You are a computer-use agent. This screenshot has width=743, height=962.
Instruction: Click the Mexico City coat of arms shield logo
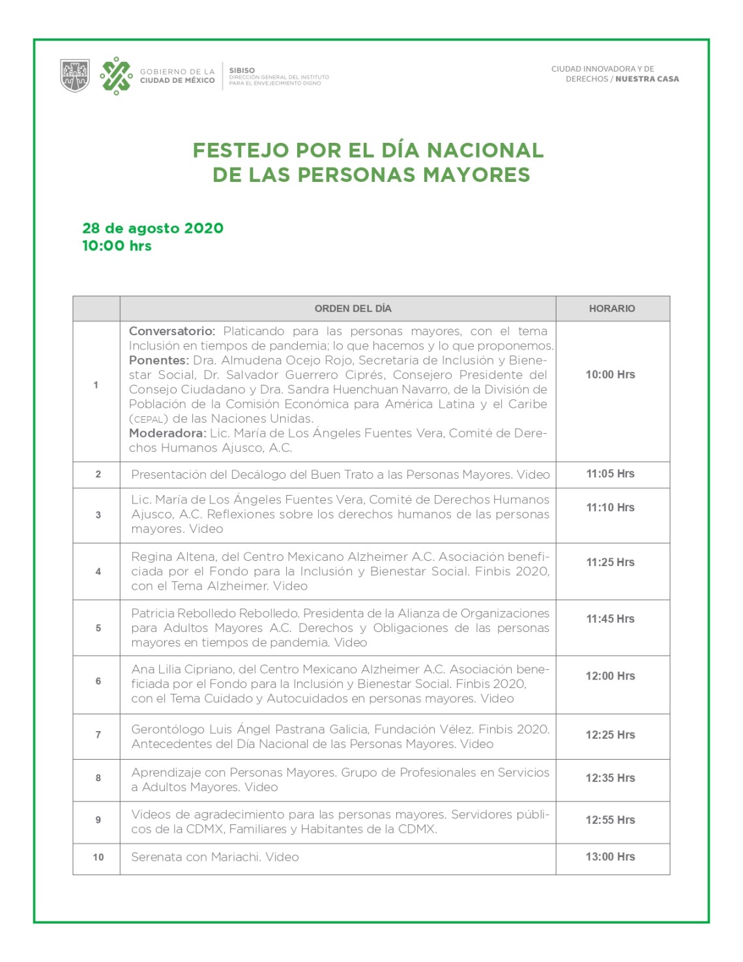coord(75,75)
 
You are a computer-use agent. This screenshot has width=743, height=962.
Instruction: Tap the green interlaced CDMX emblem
coord(116,76)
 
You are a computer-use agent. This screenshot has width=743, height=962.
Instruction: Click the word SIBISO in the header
coord(242,70)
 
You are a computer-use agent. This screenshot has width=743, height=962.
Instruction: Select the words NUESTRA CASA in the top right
coord(647,79)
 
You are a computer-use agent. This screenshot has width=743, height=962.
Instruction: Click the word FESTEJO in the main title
coord(240,150)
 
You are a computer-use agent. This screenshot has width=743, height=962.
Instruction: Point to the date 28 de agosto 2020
coord(153,228)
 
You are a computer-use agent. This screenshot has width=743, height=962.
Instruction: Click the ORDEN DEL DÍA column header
coord(353,308)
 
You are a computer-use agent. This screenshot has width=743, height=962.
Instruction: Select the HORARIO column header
coord(611,308)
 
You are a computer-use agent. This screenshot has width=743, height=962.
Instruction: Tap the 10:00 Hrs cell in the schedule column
coord(610,374)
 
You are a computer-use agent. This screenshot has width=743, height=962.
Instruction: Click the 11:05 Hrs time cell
coord(610,473)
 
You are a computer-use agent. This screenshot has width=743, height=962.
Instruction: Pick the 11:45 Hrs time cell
coord(610,619)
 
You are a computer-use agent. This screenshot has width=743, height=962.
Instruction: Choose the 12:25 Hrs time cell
coord(610,735)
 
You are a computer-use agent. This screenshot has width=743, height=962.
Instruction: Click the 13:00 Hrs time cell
coord(610,857)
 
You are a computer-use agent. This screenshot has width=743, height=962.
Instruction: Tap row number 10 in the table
coord(98,857)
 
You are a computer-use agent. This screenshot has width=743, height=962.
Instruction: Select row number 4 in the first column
coord(98,571)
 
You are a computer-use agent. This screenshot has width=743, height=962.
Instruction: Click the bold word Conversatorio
coord(171,331)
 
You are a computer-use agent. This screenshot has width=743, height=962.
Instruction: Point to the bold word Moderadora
coord(167,433)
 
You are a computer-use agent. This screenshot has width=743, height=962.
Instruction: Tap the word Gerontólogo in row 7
coord(168,729)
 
